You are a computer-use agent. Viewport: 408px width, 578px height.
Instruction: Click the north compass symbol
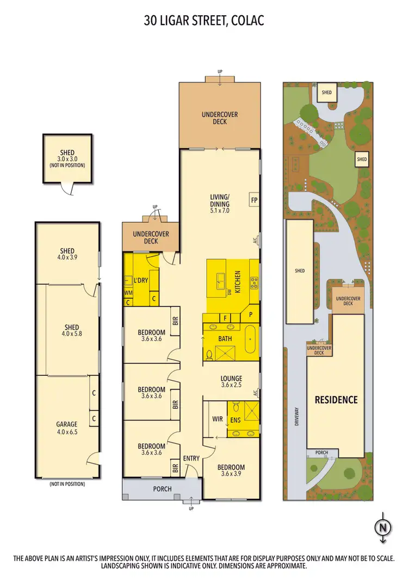(384, 527)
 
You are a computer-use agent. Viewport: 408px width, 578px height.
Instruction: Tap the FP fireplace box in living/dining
(254, 199)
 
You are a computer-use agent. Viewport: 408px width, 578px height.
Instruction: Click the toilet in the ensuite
(236, 408)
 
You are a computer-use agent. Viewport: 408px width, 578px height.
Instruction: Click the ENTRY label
(191, 458)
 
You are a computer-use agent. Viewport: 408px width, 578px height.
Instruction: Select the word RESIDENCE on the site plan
(336, 399)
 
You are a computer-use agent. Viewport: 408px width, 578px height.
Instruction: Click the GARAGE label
(67, 424)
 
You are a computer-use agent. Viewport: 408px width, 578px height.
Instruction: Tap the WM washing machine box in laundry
(128, 293)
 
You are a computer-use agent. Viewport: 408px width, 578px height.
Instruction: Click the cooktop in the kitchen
(254, 282)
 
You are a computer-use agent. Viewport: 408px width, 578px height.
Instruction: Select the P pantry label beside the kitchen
(251, 315)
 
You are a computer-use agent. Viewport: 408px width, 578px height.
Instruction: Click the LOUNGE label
(231, 378)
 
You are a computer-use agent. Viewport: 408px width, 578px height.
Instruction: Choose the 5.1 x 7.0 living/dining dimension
(220, 204)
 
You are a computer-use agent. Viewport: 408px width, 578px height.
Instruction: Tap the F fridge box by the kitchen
(225, 318)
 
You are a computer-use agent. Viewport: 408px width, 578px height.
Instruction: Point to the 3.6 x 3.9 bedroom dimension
(231, 474)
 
